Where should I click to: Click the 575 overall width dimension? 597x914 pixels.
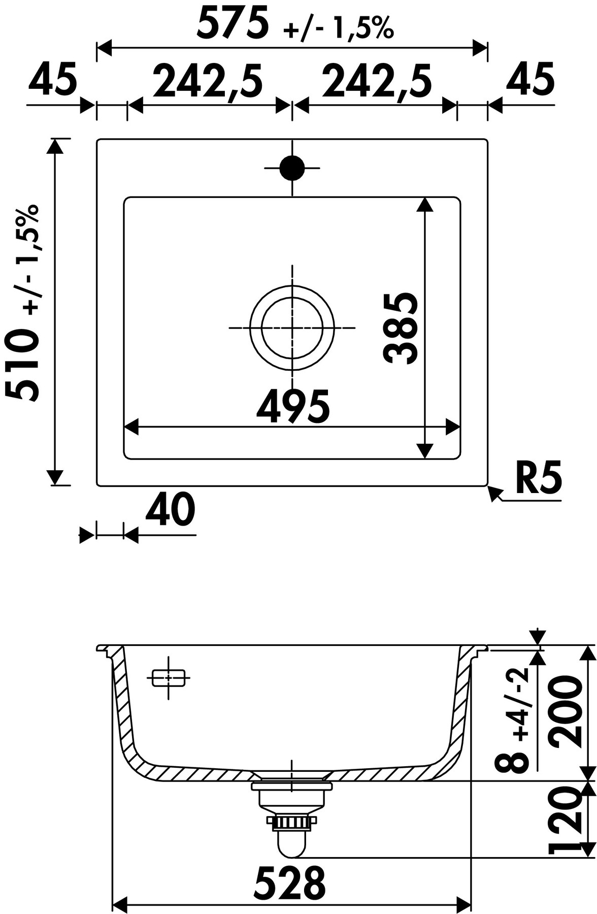point(232,24)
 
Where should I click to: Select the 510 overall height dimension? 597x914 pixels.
point(21,364)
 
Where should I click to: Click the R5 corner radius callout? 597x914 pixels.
point(539,479)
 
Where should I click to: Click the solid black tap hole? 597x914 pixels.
point(292,168)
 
